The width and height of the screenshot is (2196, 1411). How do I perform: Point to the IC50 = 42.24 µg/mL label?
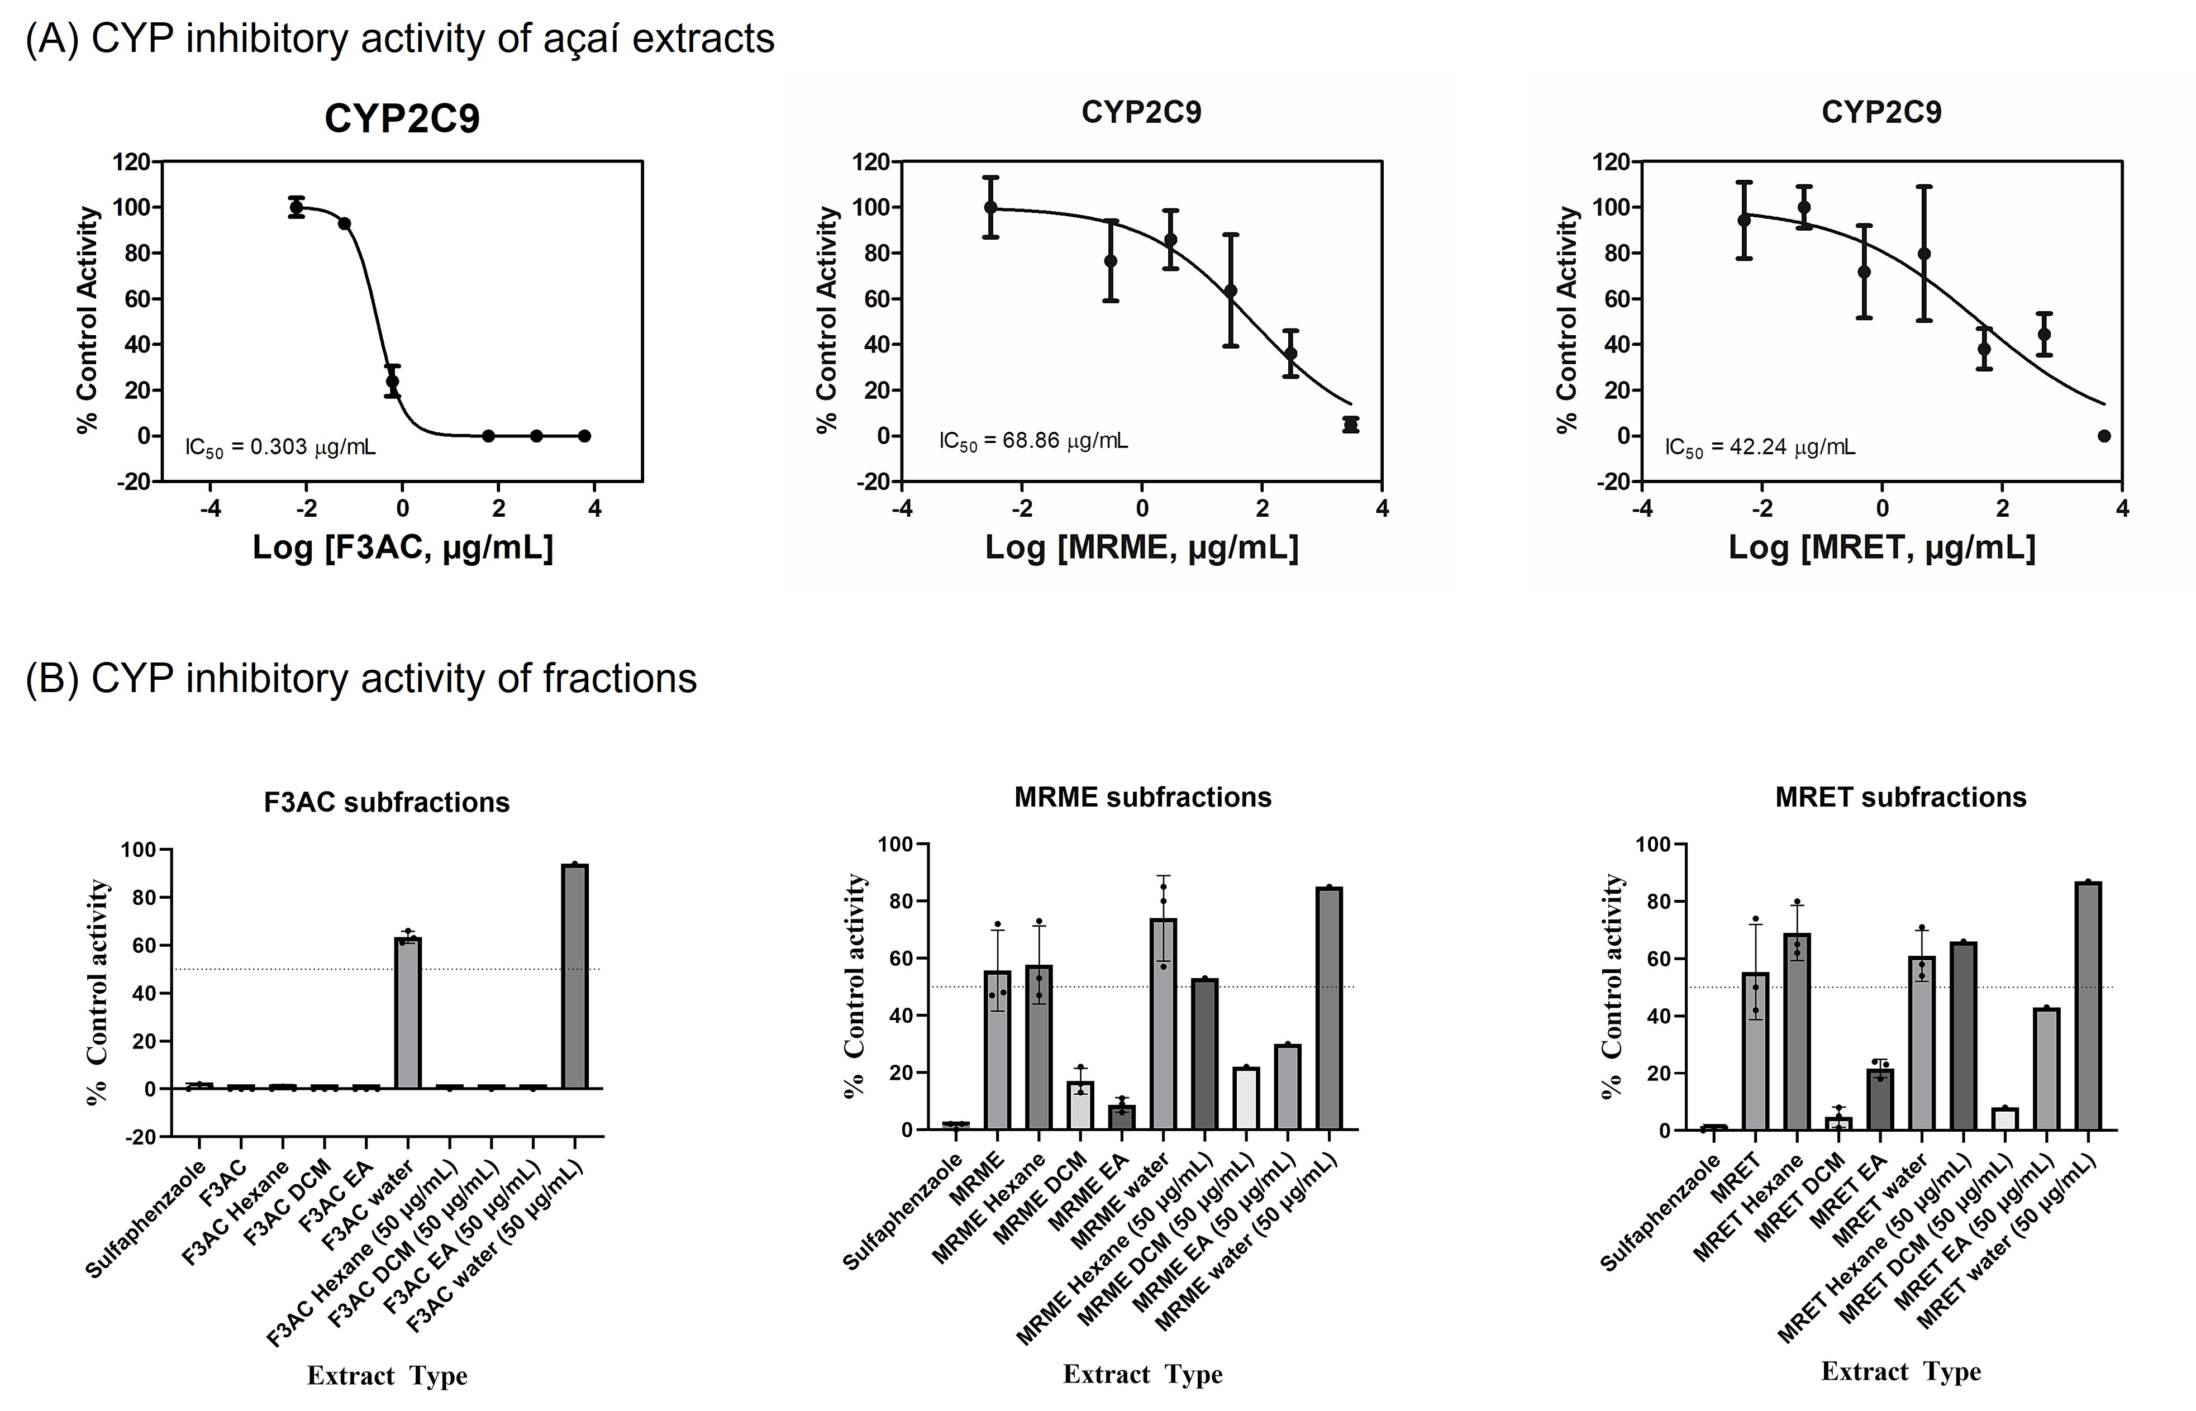pyautogui.click(x=1760, y=448)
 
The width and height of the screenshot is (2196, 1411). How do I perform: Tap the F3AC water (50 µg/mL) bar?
pyautogui.click(x=574, y=976)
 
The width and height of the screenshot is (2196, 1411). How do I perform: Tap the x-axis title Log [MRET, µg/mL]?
pyautogui.click(x=1881, y=548)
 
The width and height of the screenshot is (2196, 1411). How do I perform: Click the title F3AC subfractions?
pyautogui.click(x=387, y=803)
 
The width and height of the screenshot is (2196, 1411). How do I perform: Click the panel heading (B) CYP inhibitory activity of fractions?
pyautogui.click(x=361, y=679)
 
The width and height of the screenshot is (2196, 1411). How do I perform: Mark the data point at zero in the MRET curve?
pyautogui.click(x=2104, y=436)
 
